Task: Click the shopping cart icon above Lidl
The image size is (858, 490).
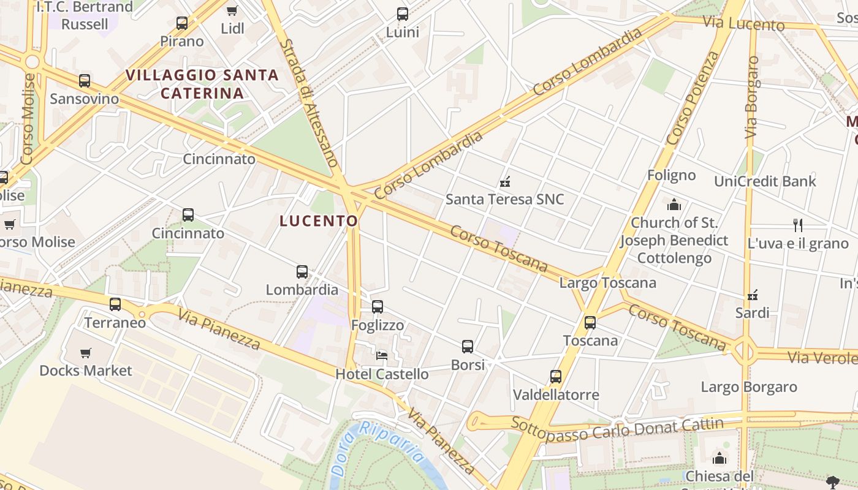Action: pyautogui.click(x=232, y=10)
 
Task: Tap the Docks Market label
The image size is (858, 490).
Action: pyautogui.click(x=86, y=371)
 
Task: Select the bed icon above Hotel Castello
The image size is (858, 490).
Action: pyautogui.click(x=381, y=355)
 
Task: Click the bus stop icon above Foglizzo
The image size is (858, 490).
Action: pyautogui.click(x=378, y=306)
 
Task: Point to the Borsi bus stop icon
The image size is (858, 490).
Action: pyautogui.click(x=468, y=347)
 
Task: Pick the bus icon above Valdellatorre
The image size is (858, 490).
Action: pyautogui.click(x=556, y=377)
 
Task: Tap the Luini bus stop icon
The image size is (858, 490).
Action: pyautogui.click(x=402, y=13)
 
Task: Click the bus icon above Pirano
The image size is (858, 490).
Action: pyautogui.click(x=182, y=23)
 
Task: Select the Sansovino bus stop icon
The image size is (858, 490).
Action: pyautogui.click(x=85, y=80)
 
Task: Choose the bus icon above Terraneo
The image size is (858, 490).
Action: pyautogui.click(x=115, y=304)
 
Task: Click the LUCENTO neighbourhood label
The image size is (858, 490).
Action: pyautogui.click(x=319, y=221)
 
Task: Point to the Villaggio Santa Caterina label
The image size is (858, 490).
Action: pyautogui.click(x=202, y=84)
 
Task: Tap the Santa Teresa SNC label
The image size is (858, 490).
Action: pyautogui.click(x=504, y=199)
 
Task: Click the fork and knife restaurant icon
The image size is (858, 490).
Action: pyautogui.click(x=798, y=225)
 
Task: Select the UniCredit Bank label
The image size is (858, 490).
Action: pyautogui.click(x=765, y=181)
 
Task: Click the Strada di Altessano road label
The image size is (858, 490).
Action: pyautogui.click(x=309, y=103)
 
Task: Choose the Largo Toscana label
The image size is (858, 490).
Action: pyautogui.click(x=607, y=282)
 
